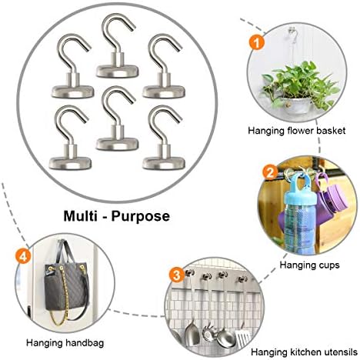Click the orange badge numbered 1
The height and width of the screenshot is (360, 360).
point(257,42)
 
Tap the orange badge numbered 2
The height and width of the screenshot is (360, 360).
point(270,172)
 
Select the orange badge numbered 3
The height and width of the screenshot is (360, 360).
point(177,275)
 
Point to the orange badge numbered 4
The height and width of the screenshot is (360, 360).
point(23,256)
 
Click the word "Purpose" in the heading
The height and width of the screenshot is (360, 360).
point(141,217)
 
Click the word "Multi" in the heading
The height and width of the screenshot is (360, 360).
point(80,215)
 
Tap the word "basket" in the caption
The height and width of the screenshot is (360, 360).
point(331,131)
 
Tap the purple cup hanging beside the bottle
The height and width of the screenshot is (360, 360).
point(332,195)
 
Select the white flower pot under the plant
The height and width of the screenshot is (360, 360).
point(298,105)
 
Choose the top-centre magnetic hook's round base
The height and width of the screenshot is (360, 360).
point(118,72)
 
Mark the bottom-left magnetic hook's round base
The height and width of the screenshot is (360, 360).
point(70,163)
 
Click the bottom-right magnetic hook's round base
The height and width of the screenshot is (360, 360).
point(164,163)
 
